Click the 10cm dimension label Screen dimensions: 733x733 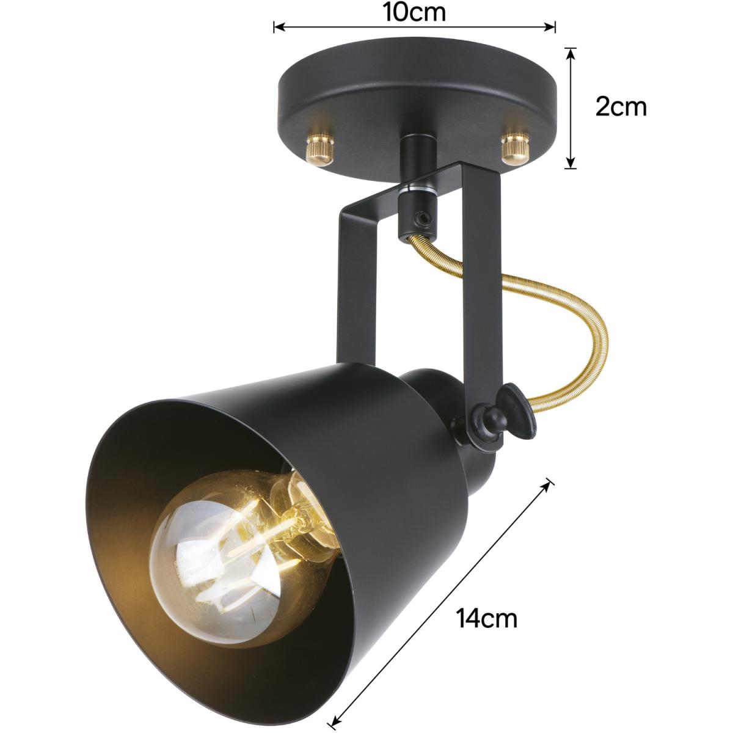414,13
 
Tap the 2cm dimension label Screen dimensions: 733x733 621,108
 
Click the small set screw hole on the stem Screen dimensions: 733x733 421,218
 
